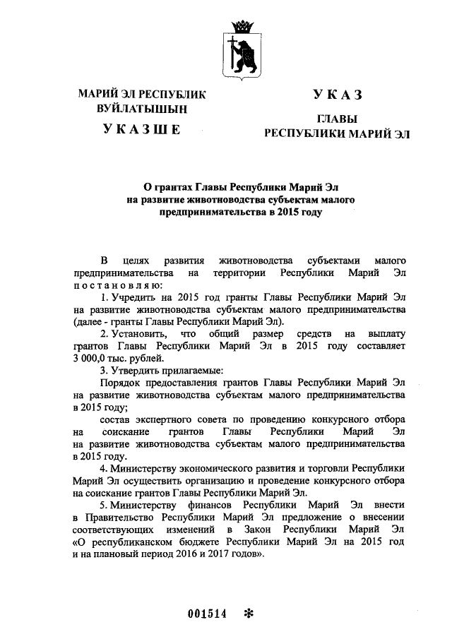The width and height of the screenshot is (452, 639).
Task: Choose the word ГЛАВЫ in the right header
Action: (x=337, y=119)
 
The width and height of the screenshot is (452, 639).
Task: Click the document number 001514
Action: (x=207, y=613)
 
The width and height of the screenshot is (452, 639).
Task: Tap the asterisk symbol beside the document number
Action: (x=247, y=613)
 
